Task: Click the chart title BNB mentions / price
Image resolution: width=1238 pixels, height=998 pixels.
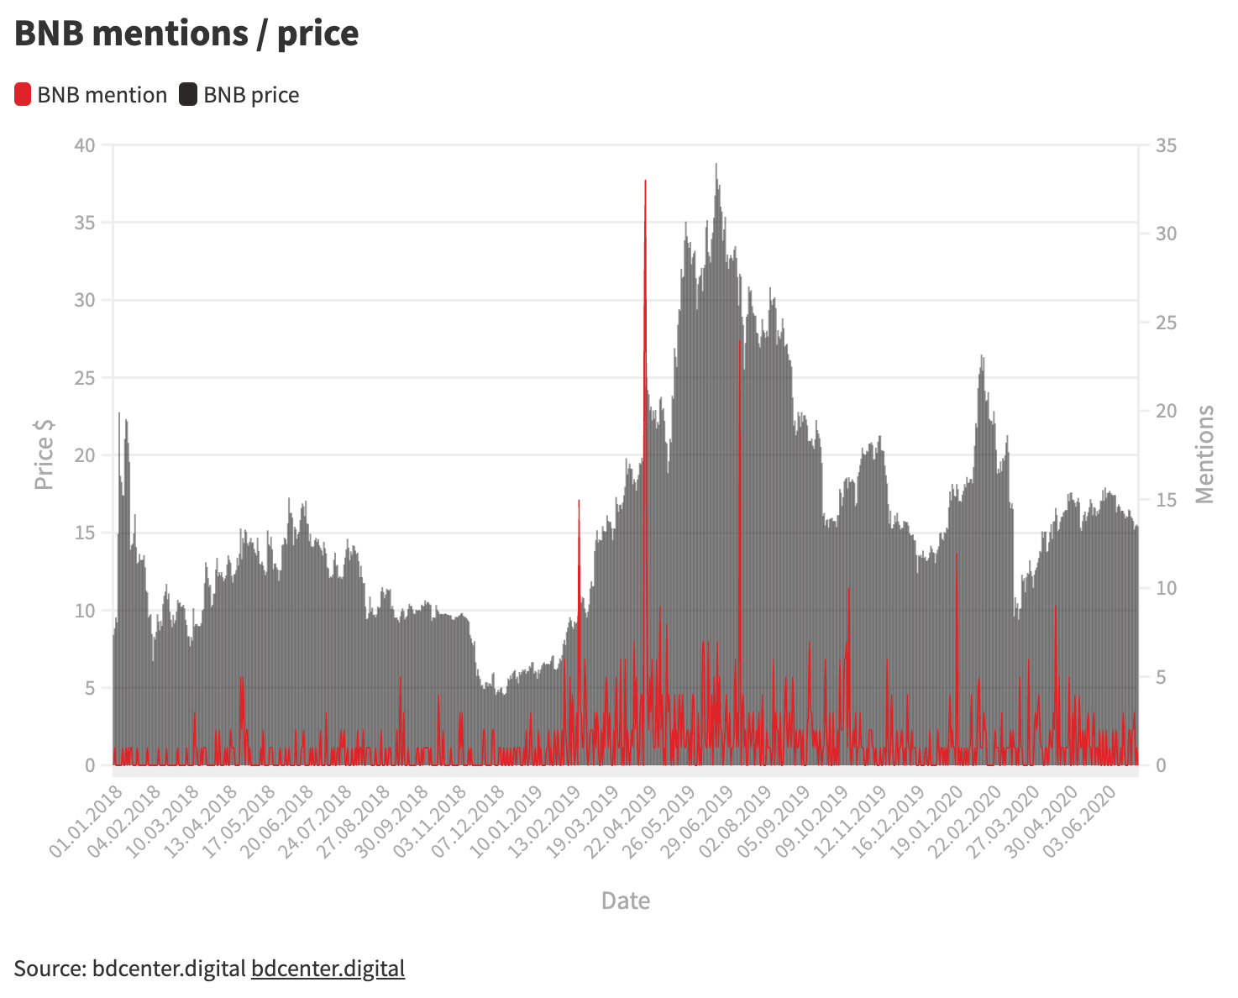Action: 186,34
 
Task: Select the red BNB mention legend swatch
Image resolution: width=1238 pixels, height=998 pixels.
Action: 23,95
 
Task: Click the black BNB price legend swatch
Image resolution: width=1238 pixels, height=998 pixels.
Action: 188,95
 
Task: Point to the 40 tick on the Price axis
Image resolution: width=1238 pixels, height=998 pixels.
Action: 85,145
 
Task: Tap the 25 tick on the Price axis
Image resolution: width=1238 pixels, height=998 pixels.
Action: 85,378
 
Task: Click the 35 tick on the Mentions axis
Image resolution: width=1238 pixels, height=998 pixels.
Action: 1167,145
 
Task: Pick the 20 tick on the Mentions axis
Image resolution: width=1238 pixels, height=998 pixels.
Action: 1167,411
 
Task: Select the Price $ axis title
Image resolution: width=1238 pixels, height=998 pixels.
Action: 44,454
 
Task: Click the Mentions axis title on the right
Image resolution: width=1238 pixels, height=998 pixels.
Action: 1205,454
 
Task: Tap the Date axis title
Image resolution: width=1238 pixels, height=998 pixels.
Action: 626,901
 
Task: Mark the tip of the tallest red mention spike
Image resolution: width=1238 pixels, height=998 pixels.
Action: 645,181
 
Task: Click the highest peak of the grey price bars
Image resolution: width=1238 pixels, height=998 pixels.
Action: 716,165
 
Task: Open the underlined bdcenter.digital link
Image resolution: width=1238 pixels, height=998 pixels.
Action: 328,969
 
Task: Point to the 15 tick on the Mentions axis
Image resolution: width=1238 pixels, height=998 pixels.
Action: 1167,500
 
